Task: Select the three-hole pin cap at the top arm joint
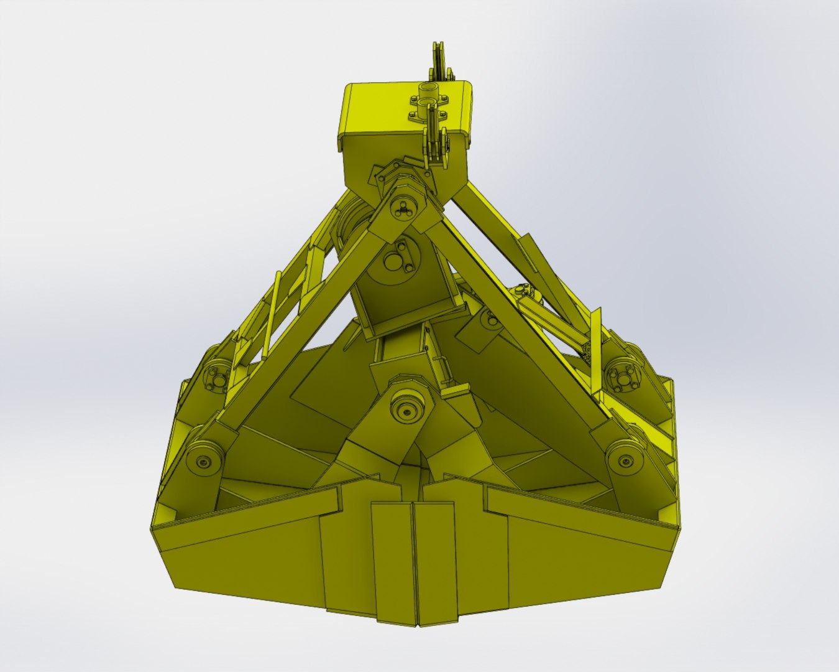tap(404, 207)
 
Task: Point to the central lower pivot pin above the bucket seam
tap(406, 411)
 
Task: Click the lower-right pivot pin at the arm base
tap(623, 461)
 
